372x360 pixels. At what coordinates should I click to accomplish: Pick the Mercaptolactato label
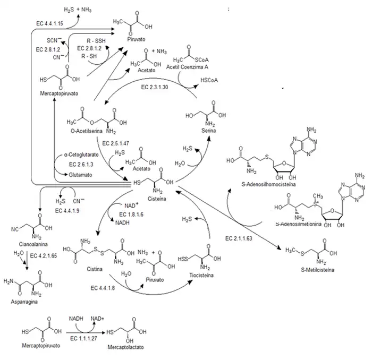[x=124, y=350]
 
